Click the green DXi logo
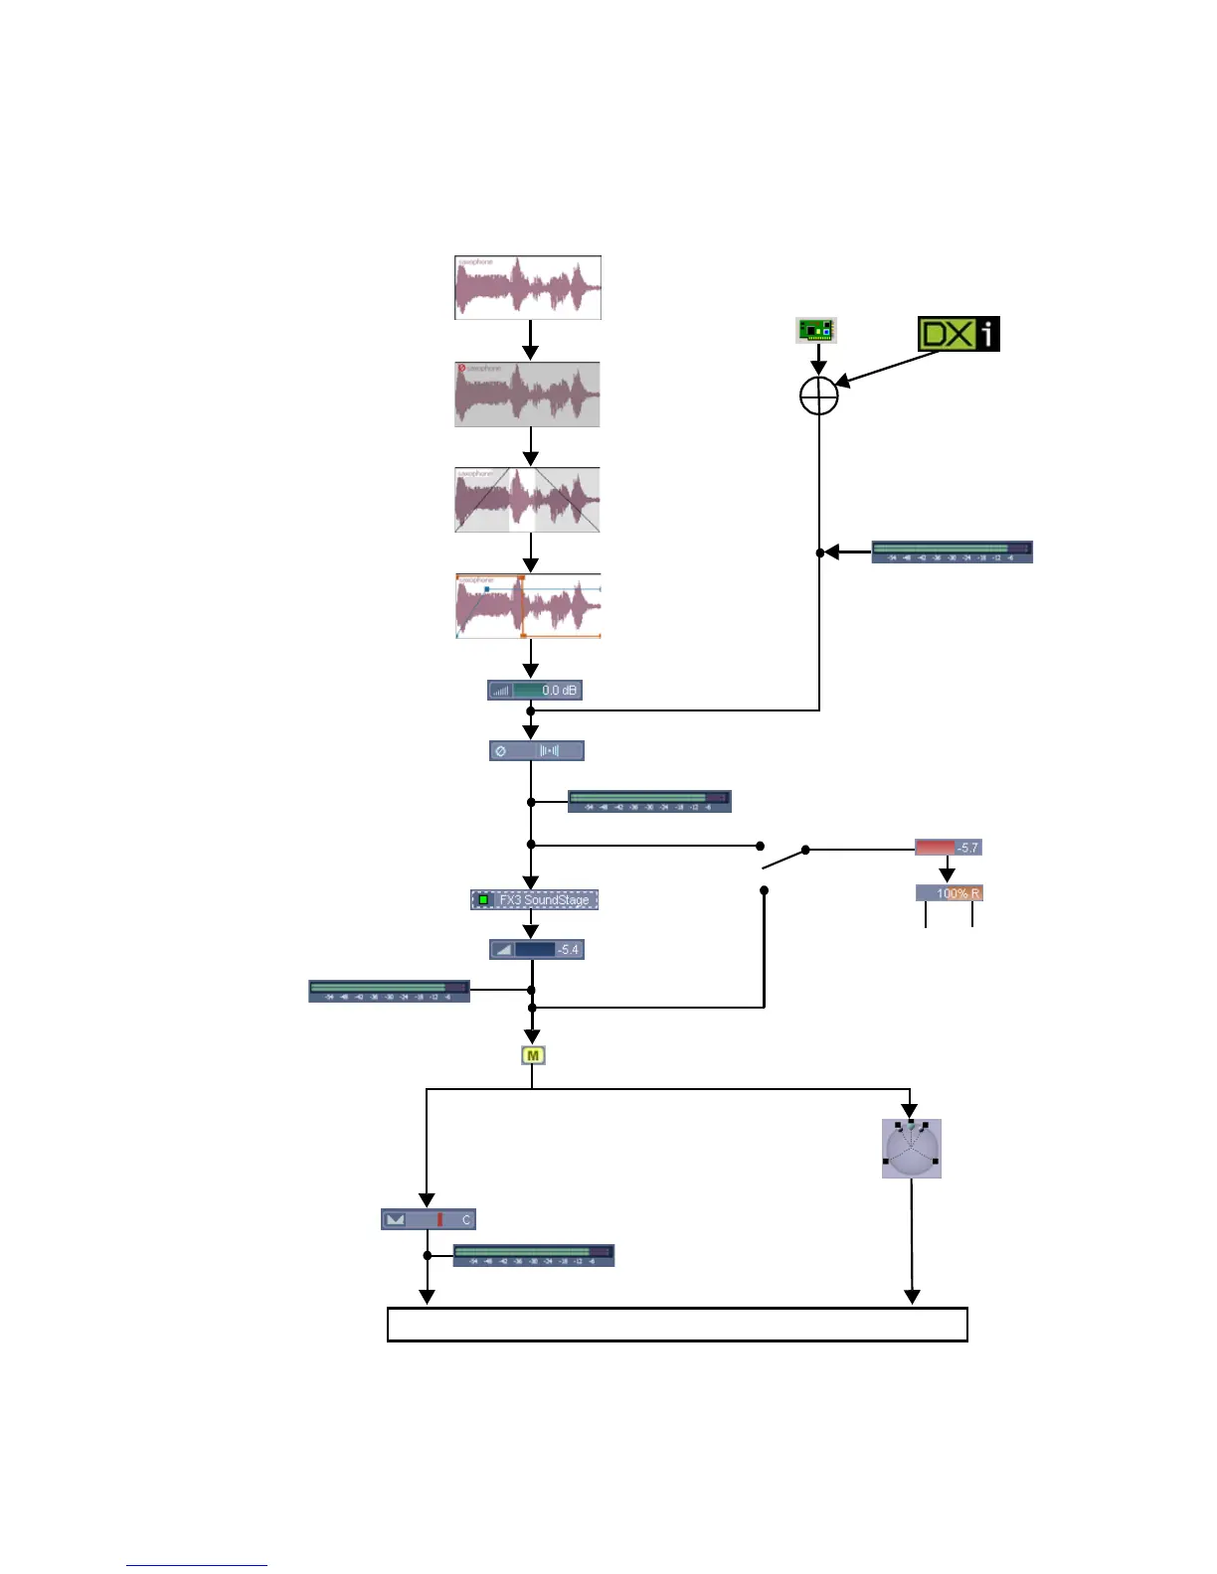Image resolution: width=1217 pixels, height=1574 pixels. click(957, 334)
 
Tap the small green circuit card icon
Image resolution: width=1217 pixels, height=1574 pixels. click(816, 330)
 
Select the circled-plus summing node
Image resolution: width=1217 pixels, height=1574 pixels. click(819, 395)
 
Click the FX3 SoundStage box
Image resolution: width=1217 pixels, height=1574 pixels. click(534, 899)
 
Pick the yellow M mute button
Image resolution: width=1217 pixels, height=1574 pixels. click(533, 1055)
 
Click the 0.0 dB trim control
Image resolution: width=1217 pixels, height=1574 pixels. click(535, 690)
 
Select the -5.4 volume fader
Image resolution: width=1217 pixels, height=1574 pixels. click(536, 949)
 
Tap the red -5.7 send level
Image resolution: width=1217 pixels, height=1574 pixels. click(948, 848)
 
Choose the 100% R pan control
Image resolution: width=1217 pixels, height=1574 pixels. click(949, 893)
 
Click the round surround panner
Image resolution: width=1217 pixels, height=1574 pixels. click(911, 1150)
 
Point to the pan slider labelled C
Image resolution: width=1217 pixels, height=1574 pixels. click(428, 1219)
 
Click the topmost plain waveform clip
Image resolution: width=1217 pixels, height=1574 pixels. click(528, 288)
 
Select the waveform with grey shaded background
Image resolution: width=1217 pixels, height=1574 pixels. click(527, 394)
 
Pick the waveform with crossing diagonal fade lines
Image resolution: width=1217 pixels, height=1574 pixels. click(527, 500)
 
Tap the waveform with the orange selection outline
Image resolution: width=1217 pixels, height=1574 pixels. click(528, 606)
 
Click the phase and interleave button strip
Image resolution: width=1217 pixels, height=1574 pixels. click(536, 751)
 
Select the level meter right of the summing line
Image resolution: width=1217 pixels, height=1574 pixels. click(952, 551)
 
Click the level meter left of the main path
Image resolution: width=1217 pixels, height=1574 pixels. click(389, 991)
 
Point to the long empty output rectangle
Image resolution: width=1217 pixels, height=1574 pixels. click(676, 1325)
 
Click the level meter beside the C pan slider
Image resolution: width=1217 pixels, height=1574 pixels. click(533, 1255)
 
